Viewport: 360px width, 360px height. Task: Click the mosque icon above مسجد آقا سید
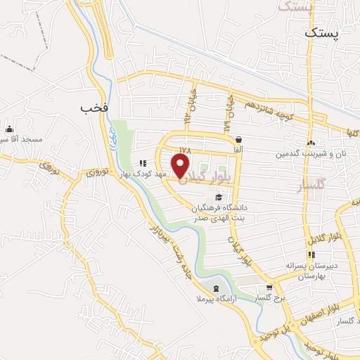[x=9, y=129]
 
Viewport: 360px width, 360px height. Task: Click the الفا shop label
[x=240, y=150]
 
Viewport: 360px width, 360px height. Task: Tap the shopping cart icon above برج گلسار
[x=269, y=288]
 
